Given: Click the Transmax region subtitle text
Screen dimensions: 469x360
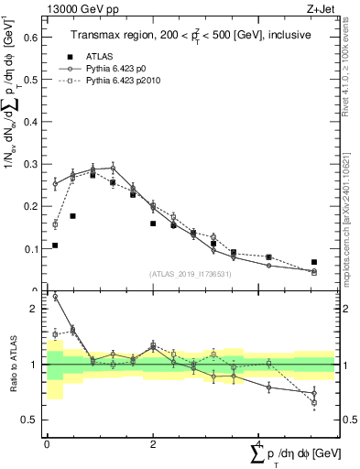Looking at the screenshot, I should click(191, 34).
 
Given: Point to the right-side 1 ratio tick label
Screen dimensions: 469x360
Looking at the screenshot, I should click(347, 365).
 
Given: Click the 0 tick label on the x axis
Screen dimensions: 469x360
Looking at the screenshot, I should click(47, 444).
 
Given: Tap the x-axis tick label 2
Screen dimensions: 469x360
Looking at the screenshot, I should click(153, 444).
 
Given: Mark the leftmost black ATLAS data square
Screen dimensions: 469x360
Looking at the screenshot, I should click(56, 245).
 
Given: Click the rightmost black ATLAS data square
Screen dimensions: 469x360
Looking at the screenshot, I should click(314, 262).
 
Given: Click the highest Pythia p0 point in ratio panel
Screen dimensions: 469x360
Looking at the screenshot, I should click(56, 297).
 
